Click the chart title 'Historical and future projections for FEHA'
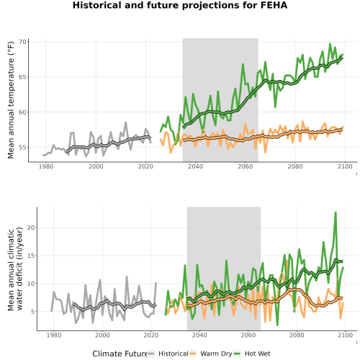point(180,5)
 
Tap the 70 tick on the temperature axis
point(22,42)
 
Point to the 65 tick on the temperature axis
point(22,77)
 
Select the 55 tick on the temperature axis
point(22,147)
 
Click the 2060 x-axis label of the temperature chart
point(246,166)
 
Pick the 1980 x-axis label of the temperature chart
point(46,166)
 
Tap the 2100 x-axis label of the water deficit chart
point(345,335)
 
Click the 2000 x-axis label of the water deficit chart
point(102,335)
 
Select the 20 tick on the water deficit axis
point(31,228)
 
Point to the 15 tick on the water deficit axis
point(31,256)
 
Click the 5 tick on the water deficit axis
point(32,312)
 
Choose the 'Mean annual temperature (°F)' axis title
point(11,100)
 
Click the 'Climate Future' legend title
point(120,354)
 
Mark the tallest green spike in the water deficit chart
point(336,212)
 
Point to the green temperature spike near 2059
point(243,64)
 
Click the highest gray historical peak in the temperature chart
point(126,122)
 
